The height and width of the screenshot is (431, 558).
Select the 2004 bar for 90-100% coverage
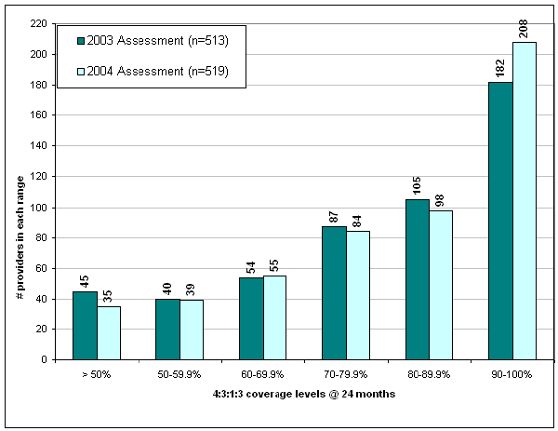524,201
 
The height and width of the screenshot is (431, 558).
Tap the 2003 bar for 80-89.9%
418,279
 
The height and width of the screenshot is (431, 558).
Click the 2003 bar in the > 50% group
86,325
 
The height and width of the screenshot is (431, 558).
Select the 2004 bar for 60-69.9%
275,317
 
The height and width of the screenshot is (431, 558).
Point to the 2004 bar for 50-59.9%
193,330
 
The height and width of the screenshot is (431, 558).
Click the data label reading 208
525,28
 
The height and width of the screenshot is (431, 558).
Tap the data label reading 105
418,184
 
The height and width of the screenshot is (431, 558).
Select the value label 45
86,278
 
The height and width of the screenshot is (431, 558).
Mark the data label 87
335,214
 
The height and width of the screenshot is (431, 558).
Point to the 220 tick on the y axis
40,24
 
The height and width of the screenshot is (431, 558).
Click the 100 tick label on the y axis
40,207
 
